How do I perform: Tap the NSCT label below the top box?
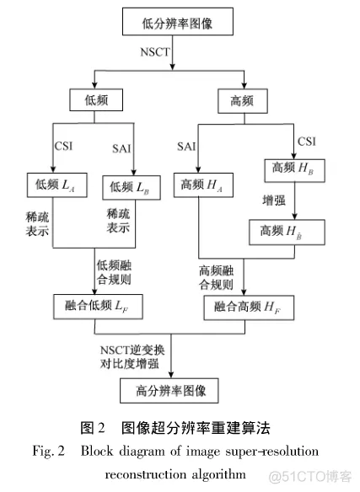coord(156,52)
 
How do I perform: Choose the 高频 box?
coord(244,100)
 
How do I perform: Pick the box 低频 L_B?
coord(131,184)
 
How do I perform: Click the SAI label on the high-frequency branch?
coord(186,147)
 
